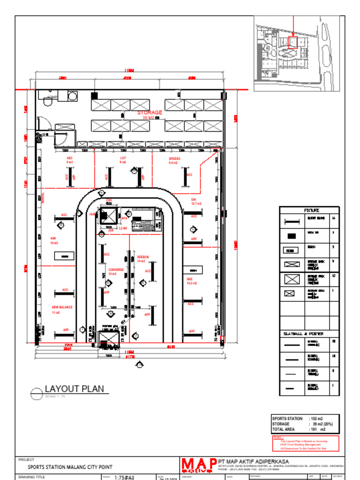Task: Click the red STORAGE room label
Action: coord(150,112)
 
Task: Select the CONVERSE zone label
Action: coord(116,270)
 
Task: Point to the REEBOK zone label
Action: coord(143,257)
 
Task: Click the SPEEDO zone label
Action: coord(174,159)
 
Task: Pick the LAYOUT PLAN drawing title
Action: coord(74,389)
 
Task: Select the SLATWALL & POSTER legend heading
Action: coord(304,334)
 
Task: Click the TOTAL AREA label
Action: coord(283,429)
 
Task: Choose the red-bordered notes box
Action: coord(306,443)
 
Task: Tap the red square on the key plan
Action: coord(293,42)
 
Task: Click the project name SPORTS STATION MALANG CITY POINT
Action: coord(70,467)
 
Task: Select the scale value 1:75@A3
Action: coord(124,477)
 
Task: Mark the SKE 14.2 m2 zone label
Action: coord(191,281)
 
